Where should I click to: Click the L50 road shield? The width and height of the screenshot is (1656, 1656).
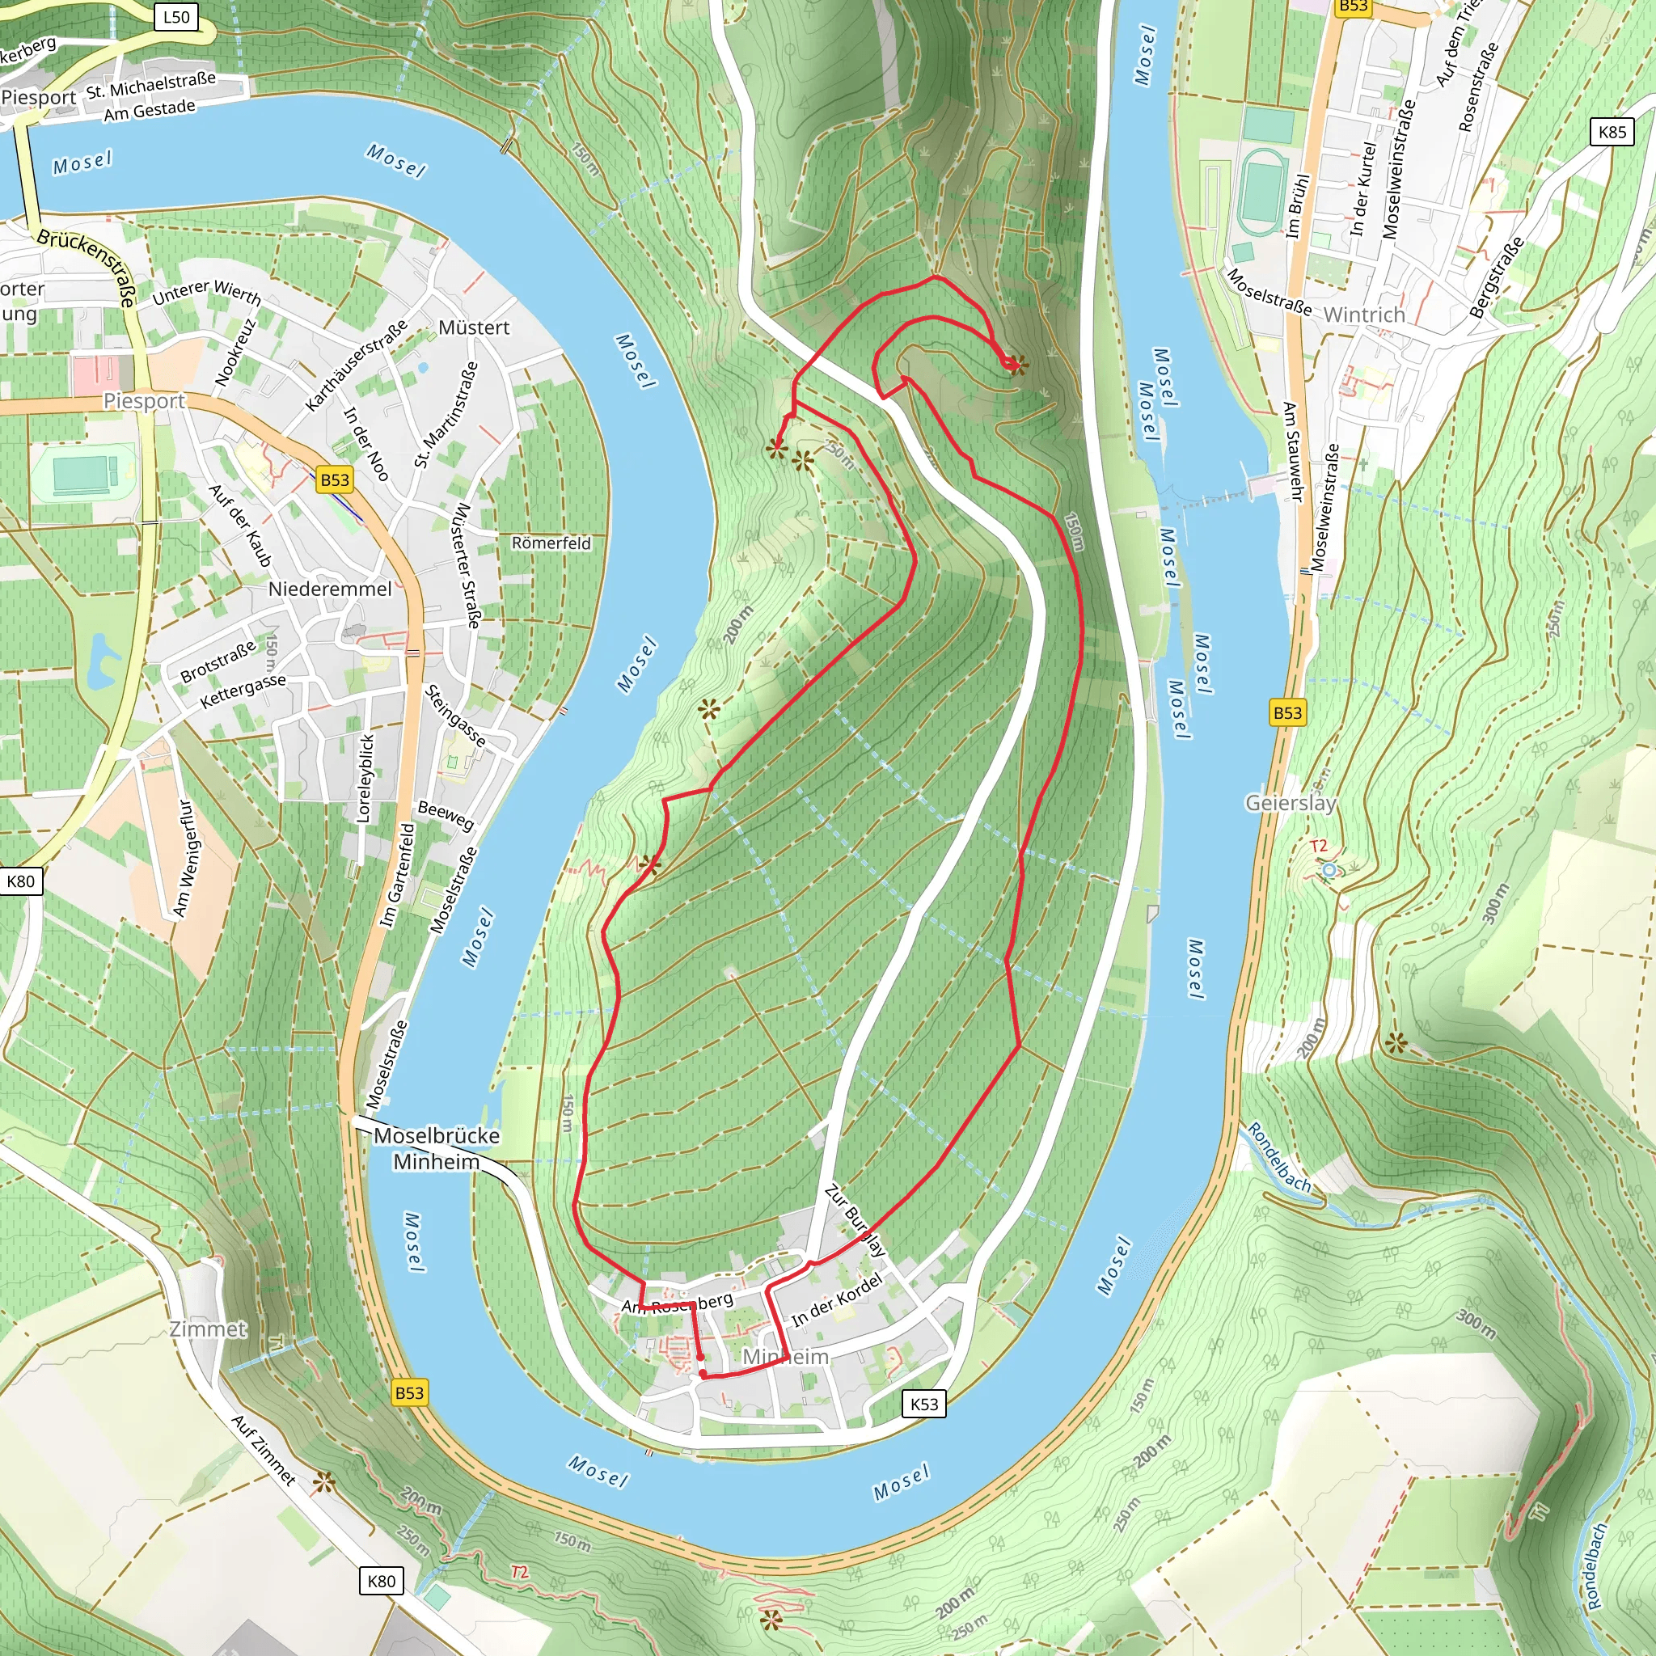click(175, 17)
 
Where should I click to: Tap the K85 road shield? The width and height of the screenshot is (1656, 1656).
click(1612, 132)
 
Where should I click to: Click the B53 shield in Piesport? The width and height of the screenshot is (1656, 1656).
click(334, 479)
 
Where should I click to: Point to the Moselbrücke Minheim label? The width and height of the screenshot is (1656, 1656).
click(437, 1147)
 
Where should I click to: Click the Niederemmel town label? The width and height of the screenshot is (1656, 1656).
click(330, 589)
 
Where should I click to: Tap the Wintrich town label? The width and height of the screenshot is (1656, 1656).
click(1364, 315)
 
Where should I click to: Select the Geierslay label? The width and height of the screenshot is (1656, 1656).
click(1290, 802)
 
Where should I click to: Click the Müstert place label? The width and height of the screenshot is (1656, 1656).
click(473, 327)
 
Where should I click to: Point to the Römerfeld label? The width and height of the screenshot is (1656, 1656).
click(551, 543)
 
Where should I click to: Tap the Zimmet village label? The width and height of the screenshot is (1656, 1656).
click(208, 1329)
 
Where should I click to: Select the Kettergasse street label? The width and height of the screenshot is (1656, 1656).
click(243, 691)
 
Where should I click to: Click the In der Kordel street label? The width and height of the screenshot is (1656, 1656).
click(836, 1299)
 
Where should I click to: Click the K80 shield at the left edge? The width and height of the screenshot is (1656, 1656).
click(20, 881)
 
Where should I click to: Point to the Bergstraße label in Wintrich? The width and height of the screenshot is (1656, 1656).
click(1497, 277)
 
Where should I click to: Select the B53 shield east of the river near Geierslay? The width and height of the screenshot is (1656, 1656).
click(1286, 712)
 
